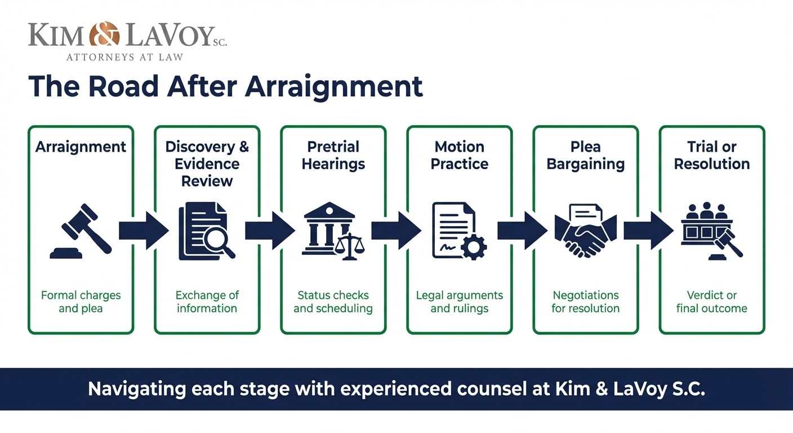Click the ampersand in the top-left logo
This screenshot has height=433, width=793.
[104, 34]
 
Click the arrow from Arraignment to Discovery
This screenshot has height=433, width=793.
[144, 230]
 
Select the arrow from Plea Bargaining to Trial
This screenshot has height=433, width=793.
[648, 230]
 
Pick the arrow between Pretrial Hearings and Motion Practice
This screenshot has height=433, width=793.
[396, 230]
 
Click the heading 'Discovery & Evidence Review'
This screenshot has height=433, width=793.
[207, 164]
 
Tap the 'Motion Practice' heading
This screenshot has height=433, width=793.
[459, 155]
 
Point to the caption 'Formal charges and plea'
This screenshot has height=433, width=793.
[81, 302]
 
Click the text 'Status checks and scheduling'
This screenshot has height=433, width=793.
[333, 302]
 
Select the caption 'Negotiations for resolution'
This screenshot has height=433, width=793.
[585, 302]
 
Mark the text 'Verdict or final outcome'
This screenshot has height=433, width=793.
[711, 302]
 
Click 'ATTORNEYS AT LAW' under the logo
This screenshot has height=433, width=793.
[124, 57]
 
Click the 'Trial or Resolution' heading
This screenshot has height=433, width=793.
[711, 155]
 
